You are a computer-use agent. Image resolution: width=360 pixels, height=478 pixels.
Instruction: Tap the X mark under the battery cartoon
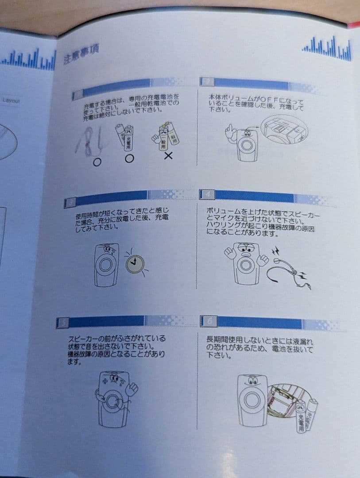pyautogui.click(x=168, y=156)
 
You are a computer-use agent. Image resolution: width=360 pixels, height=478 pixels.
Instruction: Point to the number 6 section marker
pyautogui.click(x=207, y=320)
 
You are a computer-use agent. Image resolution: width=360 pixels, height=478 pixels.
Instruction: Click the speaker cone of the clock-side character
pyautogui.click(x=105, y=265)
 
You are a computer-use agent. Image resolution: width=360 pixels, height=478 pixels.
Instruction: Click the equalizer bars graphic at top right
pyautogui.click(x=327, y=49)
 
